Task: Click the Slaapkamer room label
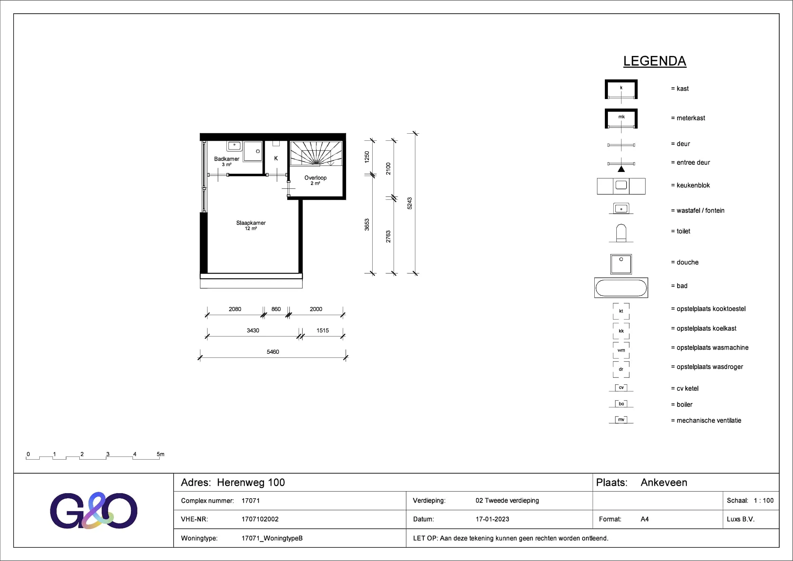coord(251,223)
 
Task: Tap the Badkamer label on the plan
coord(226,159)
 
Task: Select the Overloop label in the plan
coord(315,177)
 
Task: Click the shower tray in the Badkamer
coord(253,151)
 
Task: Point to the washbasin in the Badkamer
coord(234,146)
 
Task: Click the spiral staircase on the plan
coord(316,153)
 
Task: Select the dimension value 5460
coord(273,352)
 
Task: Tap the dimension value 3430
coord(253,330)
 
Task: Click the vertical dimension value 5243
coord(410,203)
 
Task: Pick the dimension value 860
coord(276,309)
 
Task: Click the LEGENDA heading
coord(654,61)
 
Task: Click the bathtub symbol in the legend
coord(621,288)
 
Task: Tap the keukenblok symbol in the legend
coord(621,186)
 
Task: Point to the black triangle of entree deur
coord(621,169)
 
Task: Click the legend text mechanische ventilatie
coord(709,420)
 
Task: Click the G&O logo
coord(94,510)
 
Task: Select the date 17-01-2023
coord(492,519)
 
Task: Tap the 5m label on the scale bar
coord(161,454)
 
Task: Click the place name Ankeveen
coord(664,482)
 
